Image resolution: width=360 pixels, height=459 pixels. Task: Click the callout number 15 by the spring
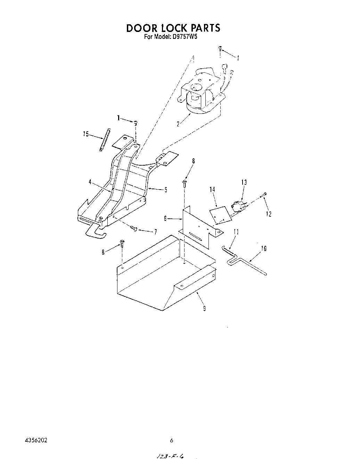(86, 134)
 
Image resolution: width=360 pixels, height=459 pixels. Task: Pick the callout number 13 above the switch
(244, 182)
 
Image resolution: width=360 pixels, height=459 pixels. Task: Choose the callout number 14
(212, 189)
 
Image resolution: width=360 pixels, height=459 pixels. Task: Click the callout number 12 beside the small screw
(269, 214)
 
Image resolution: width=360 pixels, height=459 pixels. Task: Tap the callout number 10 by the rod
(263, 248)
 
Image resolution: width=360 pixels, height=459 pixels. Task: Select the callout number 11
(236, 232)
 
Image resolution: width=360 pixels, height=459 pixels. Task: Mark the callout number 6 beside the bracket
(165, 218)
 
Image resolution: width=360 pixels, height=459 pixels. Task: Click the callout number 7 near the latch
(155, 232)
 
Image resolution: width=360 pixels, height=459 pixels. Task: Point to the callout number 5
(166, 190)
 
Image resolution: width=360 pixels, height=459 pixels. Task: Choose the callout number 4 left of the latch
(90, 181)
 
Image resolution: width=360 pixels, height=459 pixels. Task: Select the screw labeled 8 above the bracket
(185, 183)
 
